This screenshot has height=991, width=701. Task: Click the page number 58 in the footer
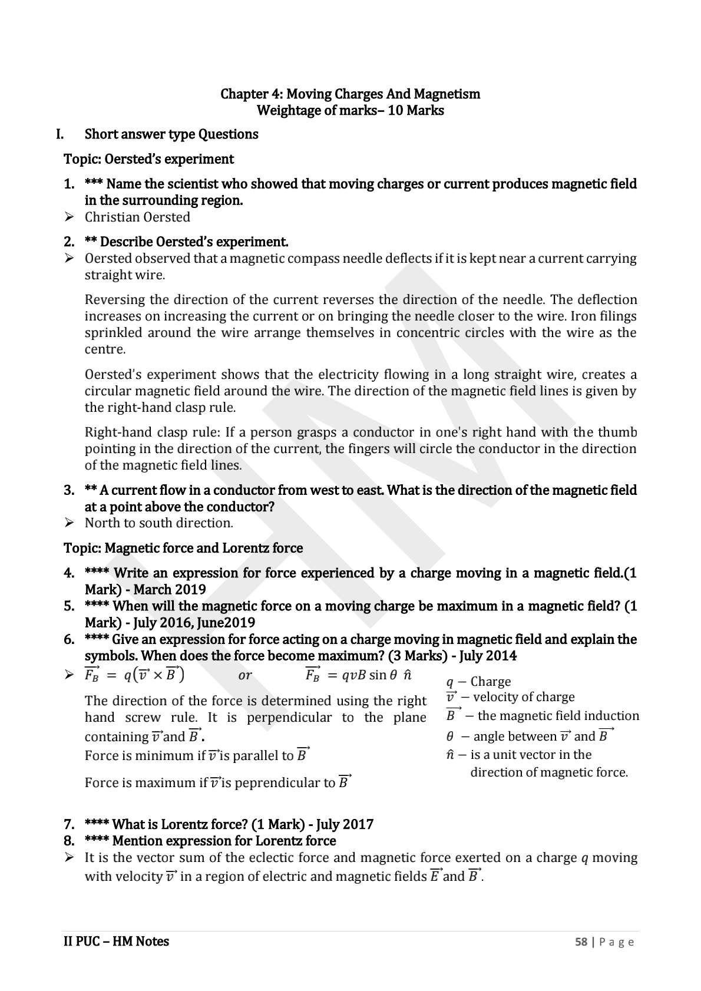point(581,942)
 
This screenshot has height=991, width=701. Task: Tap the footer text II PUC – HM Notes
point(116,942)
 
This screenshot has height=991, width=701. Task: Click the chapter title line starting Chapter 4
point(350,94)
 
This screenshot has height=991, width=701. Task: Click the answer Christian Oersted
point(137,217)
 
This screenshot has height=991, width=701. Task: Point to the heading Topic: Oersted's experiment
point(148,159)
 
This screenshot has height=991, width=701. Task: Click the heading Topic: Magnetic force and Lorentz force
point(183,548)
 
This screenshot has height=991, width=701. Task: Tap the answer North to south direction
point(158,523)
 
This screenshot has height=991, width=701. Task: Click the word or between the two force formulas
point(244,675)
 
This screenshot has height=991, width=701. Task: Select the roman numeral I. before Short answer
point(59,134)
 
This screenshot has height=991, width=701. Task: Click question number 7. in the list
point(69,824)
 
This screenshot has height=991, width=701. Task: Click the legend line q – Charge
point(478,682)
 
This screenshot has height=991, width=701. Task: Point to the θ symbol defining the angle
point(450,736)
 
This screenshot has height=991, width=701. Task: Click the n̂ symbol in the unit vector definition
point(450,755)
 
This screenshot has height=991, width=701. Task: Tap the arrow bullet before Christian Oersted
point(69,217)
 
